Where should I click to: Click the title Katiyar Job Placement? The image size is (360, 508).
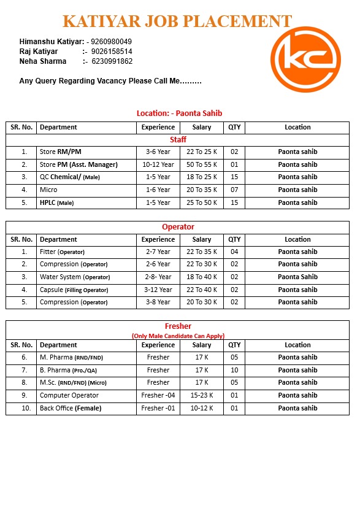pos(177,21)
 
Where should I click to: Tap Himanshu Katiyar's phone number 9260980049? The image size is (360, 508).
pos(111,42)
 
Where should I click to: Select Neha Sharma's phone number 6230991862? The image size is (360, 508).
pos(112,61)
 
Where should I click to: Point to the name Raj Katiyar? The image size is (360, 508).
pos(39,52)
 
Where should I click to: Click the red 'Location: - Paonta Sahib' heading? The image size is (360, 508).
pos(179,113)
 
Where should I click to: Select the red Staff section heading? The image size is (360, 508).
pos(178,140)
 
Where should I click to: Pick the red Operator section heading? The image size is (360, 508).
pos(178,227)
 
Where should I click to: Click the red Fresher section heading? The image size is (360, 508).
pos(178,326)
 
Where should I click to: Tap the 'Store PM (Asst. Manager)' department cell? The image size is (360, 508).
pos(79,164)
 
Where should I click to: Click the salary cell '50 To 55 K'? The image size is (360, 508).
pos(202,164)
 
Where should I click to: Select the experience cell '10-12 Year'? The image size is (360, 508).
pos(158,164)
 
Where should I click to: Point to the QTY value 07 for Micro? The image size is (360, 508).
pos(234,190)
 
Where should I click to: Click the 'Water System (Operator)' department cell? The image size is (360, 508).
pos(75,277)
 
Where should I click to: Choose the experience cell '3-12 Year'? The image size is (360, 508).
pos(158,290)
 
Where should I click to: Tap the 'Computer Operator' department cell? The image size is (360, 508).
pos(69,395)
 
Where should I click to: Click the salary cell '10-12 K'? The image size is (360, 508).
pos(202,408)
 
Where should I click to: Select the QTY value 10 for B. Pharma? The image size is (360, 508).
pos(234,370)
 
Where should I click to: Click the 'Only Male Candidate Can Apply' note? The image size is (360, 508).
pos(178,336)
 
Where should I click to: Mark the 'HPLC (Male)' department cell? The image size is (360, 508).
pos(57,202)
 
